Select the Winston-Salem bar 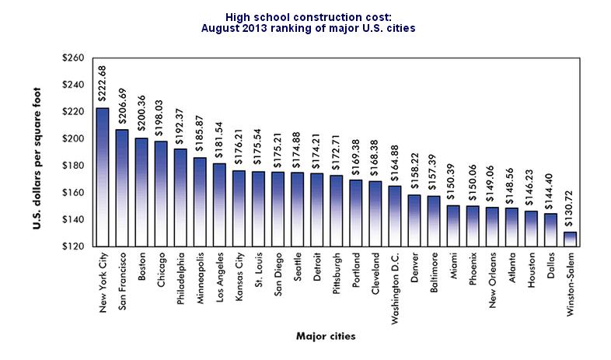570,239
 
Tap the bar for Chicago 160,194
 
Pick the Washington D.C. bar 394,216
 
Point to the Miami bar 453,226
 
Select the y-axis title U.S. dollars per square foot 37,152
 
